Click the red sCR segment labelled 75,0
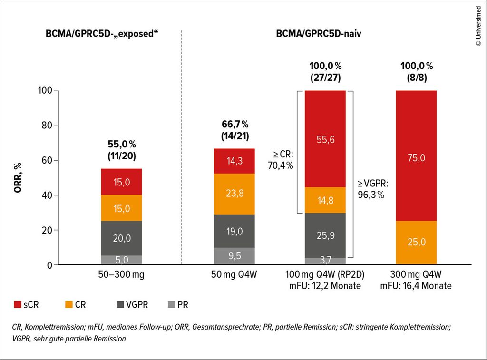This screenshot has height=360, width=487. (x=416, y=156)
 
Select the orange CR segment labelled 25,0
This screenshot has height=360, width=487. (x=416, y=243)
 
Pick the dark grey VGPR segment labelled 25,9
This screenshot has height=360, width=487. (x=325, y=235)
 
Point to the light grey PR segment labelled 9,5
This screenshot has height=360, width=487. (x=234, y=256)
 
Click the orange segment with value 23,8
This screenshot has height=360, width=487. (x=234, y=194)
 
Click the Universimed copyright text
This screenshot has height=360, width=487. (x=477, y=27)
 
